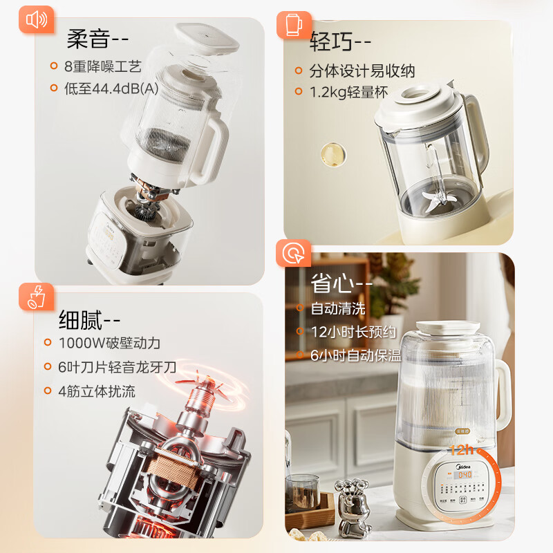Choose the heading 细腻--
[90, 320]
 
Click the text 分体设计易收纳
[362, 71]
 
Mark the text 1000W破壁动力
[109, 343]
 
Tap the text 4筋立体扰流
[97, 391]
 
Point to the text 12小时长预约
[353, 332]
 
